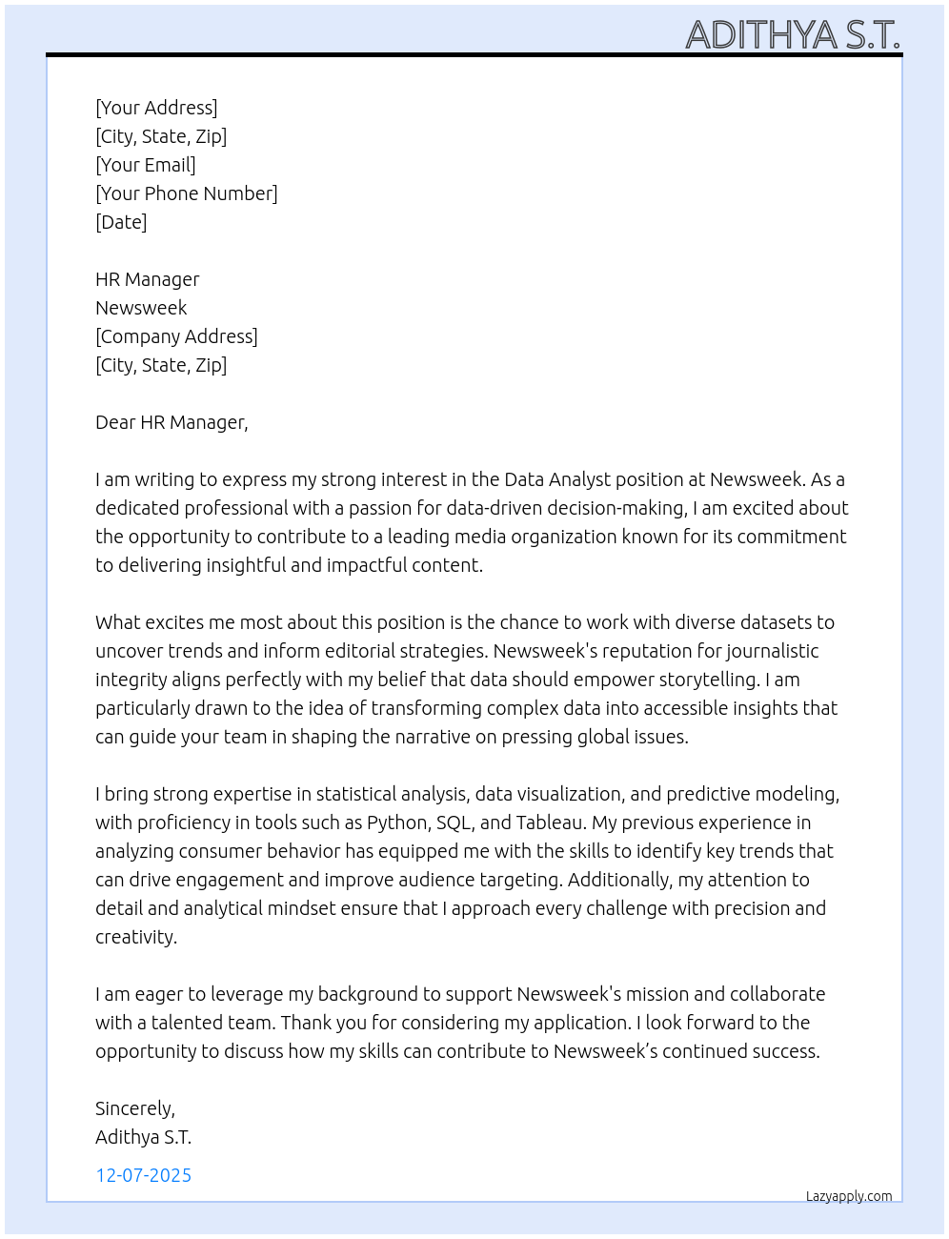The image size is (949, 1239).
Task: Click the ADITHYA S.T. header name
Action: pyautogui.click(x=792, y=34)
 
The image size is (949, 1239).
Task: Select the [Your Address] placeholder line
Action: pyautogui.click(x=156, y=108)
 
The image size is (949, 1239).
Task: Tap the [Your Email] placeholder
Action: pyautogui.click(x=146, y=165)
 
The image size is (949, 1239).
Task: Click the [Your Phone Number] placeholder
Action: pyautogui.click(x=187, y=193)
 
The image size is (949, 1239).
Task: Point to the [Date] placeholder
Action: pyautogui.click(x=121, y=222)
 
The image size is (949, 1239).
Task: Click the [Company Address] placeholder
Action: pyautogui.click(x=176, y=336)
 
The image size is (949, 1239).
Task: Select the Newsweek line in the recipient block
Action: pyautogui.click(x=141, y=308)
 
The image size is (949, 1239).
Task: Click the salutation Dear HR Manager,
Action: pyautogui.click(x=172, y=422)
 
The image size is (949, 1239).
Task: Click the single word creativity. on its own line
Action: pyautogui.click(x=136, y=937)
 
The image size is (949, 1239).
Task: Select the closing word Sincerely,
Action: pyautogui.click(x=135, y=1108)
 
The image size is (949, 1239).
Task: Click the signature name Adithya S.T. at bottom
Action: pyautogui.click(x=143, y=1137)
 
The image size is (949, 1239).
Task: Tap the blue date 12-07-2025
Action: pyautogui.click(x=143, y=1175)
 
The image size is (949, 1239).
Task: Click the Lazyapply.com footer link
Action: pyautogui.click(x=849, y=1196)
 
